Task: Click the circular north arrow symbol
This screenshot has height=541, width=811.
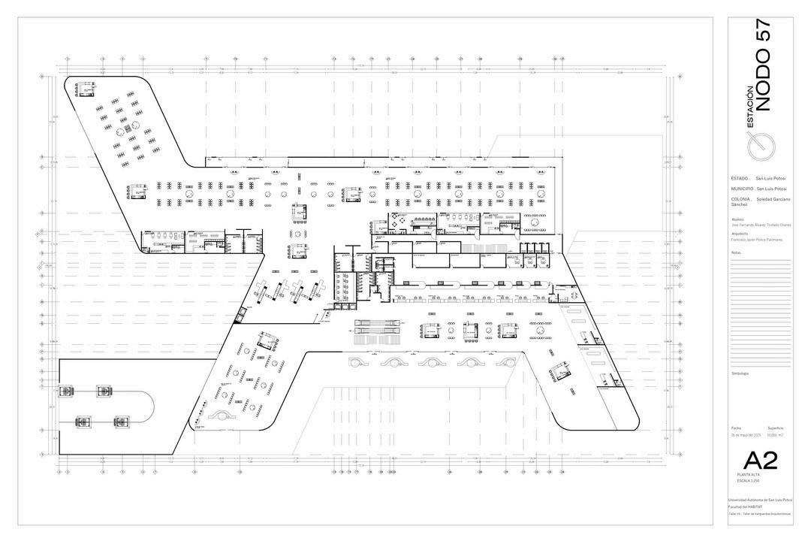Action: [762, 144]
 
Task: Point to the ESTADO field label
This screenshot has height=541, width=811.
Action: [740, 178]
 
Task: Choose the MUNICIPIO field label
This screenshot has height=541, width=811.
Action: [742, 189]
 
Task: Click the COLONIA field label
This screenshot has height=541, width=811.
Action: [741, 199]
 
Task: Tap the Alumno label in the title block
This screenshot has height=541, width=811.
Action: [737, 219]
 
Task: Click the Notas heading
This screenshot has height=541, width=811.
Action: [736, 252]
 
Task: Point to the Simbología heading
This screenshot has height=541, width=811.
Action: [740, 373]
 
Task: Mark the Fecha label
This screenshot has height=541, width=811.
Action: [735, 428]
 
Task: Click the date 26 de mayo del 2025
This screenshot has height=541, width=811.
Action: [746, 435]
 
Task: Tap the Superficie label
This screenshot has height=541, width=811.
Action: [775, 428]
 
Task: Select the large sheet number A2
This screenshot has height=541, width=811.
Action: [760, 461]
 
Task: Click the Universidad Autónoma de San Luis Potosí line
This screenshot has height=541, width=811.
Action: [761, 500]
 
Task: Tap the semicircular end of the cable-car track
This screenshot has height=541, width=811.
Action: [149, 406]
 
